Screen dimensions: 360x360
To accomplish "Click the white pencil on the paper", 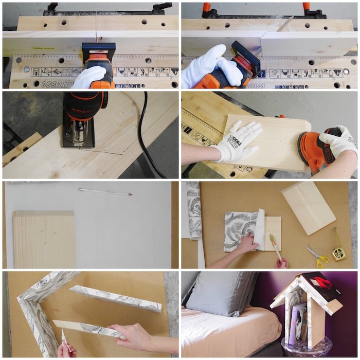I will (105, 192).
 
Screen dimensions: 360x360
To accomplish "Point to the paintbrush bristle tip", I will (271, 238).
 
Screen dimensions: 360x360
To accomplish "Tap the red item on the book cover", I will (323, 282).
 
